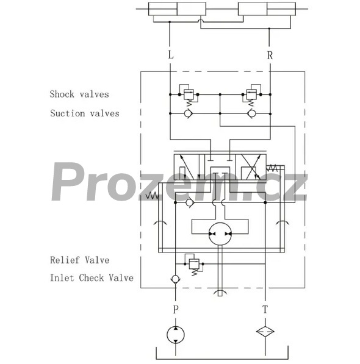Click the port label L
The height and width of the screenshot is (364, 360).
(x=171, y=55)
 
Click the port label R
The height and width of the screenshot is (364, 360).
(x=270, y=55)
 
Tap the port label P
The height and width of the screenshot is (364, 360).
(x=176, y=309)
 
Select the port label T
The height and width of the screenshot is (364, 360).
(x=265, y=309)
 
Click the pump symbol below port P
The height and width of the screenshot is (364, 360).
(x=176, y=335)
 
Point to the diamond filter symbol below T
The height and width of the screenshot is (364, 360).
(x=265, y=331)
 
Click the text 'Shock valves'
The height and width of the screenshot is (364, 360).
(x=79, y=94)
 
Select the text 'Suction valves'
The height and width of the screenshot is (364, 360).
(x=85, y=113)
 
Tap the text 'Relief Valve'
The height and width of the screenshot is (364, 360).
(x=80, y=260)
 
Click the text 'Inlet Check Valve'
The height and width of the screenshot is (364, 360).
(x=92, y=278)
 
